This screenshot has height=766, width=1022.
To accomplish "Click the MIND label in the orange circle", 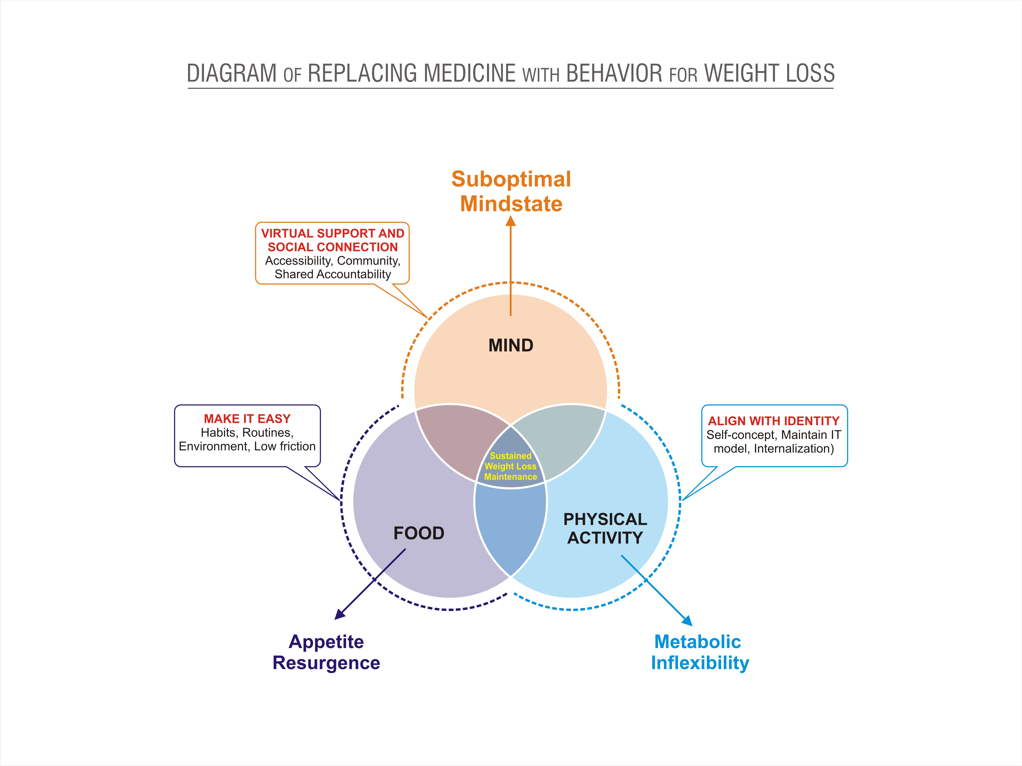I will [x=511, y=345].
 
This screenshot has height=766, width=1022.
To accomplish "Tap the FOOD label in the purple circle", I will [x=419, y=533].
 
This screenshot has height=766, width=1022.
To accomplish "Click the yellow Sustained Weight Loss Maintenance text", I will [x=511, y=466].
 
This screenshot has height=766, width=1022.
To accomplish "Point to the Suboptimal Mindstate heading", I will [x=511, y=191].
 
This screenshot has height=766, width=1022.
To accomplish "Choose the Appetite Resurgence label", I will [x=326, y=652].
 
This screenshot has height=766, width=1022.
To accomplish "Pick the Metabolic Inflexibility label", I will [x=699, y=652].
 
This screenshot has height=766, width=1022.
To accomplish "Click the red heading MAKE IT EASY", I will [x=247, y=419].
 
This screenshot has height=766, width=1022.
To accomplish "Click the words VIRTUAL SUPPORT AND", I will [x=333, y=233].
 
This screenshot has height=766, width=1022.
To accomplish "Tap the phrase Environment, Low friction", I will [x=247, y=446].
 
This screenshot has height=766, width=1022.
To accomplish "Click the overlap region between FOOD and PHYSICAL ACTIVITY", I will [x=511, y=527].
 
